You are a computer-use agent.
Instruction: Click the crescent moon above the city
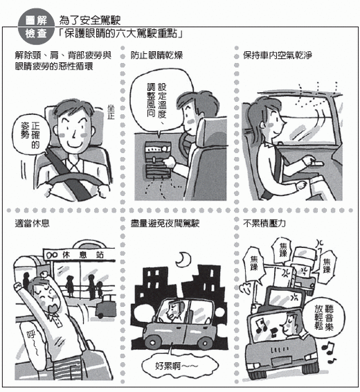pyautogui.click(x=182, y=260)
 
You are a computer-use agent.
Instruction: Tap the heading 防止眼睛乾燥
pyautogui.click(x=156, y=55)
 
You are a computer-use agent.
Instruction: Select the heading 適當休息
pyautogui.click(x=33, y=223)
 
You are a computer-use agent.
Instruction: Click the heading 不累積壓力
pyautogui.click(x=264, y=223)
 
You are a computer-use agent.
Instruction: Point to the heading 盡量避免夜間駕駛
pyautogui.click(x=165, y=223)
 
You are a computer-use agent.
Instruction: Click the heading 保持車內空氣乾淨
pyautogui.click(x=278, y=55)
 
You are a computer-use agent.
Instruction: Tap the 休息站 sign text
pyautogui.click(x=83, y=255)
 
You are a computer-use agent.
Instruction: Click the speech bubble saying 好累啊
pyautogui.click(x=179, y=366)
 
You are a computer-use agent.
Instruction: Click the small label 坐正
pyautogui.click(x=111, y=112)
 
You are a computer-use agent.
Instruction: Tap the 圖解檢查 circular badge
pyautogui.click(x=37, y=26)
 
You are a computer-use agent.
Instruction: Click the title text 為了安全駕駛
pyautogui.click(x=90, y=20)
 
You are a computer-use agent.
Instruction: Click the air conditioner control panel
pyautogui.click(x=158, y=160)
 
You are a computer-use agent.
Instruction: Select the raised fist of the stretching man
pyautogui.click(x=19, y=286)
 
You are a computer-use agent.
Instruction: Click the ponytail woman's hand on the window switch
pyautogui.click(x=309, y=160)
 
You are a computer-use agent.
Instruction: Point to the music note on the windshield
pyautogui.click(x=261, y=326)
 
